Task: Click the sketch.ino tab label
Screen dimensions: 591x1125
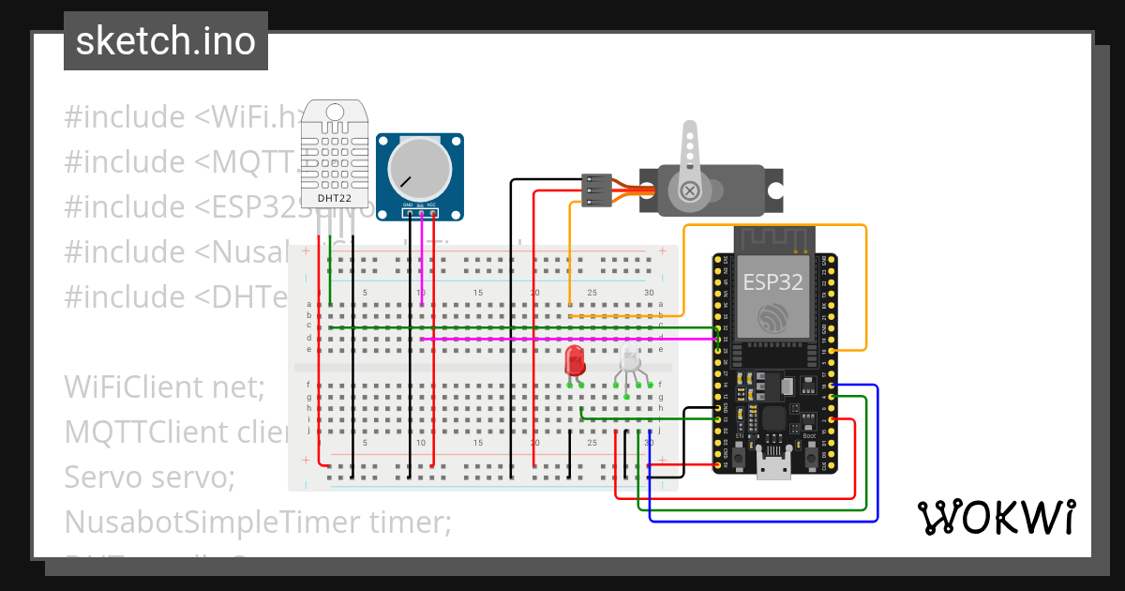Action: coord(165,41)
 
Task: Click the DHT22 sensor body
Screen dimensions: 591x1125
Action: coord(334,159)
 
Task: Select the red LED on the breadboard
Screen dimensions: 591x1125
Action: coord(575,361)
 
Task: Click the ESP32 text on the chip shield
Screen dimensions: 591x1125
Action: coord(773,281)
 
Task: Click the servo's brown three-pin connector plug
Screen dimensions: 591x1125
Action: coord(596,189)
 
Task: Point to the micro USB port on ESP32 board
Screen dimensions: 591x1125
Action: coord(774,466)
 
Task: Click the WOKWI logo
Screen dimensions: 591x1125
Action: coord(996,517)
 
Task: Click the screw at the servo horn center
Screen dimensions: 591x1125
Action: coord(691,191)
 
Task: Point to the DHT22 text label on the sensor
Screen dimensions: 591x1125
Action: coord(335,198)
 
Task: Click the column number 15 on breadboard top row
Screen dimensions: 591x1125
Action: coord(478,294)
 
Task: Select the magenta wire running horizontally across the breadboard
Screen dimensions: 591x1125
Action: coord(562,338)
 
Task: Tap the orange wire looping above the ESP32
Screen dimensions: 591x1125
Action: coord(778,226)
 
